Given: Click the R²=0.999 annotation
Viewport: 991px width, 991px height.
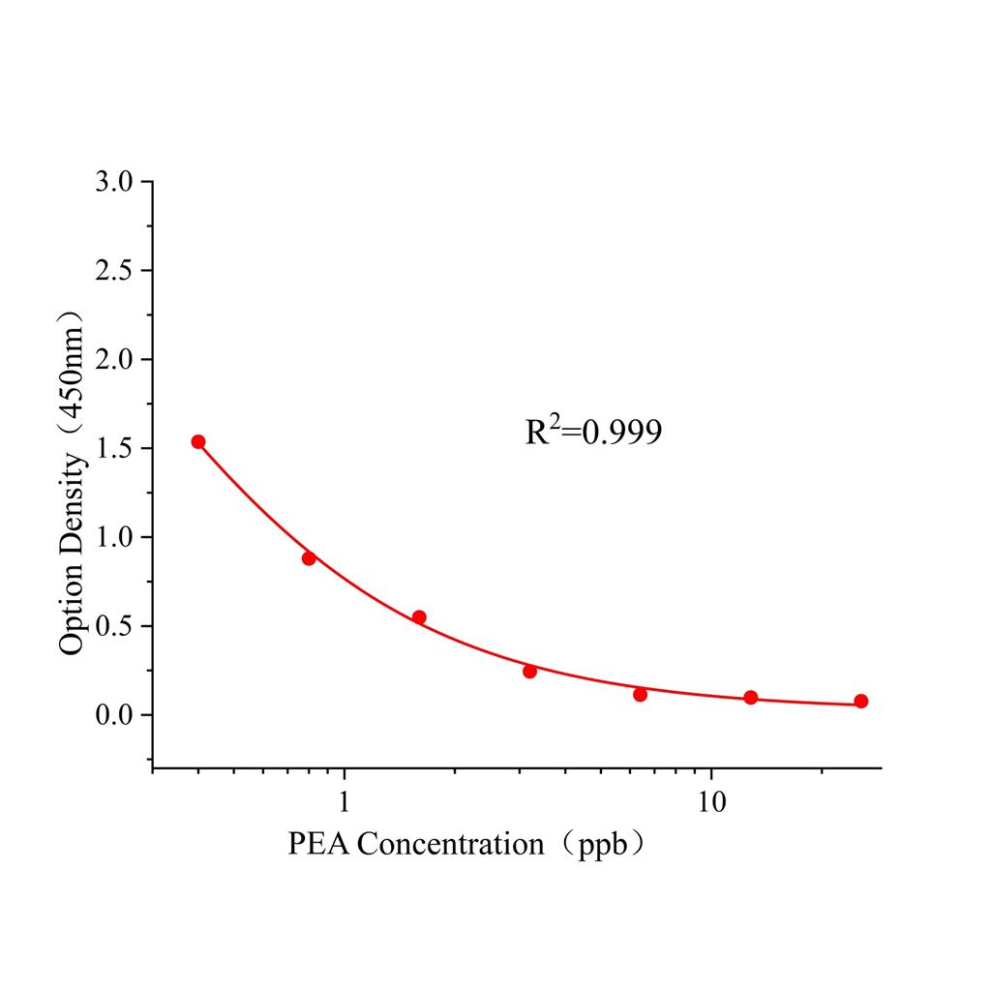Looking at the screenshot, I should tap(593, 432).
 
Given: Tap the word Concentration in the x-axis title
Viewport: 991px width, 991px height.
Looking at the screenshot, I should tap(450, 845).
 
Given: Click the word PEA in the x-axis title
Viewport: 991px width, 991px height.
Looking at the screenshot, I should tap(319, 845).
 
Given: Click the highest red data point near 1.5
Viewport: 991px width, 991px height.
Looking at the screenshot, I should tap(198, 441).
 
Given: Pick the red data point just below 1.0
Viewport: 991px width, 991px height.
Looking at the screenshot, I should tap(309, 558).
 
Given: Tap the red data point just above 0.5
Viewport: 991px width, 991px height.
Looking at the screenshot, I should tap(419, 617).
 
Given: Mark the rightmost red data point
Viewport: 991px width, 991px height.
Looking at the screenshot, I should tap(861, 701).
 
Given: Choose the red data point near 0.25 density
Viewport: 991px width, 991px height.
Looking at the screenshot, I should tap(529, 672).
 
